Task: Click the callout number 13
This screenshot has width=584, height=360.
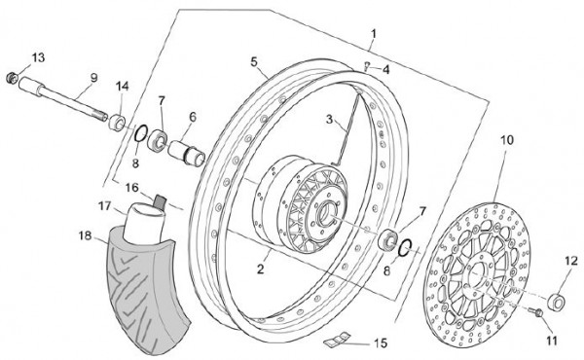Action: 38,57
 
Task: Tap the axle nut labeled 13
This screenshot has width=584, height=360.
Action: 12,78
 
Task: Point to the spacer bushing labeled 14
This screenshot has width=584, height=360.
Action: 117,123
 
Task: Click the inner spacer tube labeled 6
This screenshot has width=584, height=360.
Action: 187,152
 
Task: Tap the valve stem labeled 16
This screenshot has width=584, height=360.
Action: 161,201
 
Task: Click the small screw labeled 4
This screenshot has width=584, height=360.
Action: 367,67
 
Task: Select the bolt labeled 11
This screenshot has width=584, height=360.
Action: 536,312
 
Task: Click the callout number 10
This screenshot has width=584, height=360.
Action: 506,141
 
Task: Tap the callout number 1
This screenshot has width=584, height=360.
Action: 374,34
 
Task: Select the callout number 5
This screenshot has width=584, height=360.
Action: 254,62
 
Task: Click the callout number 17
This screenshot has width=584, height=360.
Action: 105,205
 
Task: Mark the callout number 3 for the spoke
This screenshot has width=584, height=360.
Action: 329,120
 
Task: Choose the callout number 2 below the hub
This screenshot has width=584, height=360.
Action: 260,269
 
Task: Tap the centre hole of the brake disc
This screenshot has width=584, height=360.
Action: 475,273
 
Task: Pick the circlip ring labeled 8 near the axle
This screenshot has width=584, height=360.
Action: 141,133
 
